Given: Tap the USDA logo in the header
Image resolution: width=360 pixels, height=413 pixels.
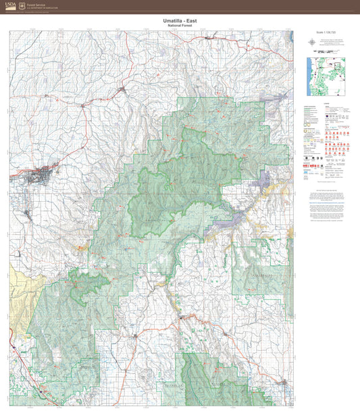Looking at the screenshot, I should [9, 5].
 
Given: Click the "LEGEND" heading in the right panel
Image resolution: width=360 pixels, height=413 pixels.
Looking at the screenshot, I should [326, 103].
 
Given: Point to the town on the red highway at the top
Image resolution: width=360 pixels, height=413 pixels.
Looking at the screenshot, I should [122, 88].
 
